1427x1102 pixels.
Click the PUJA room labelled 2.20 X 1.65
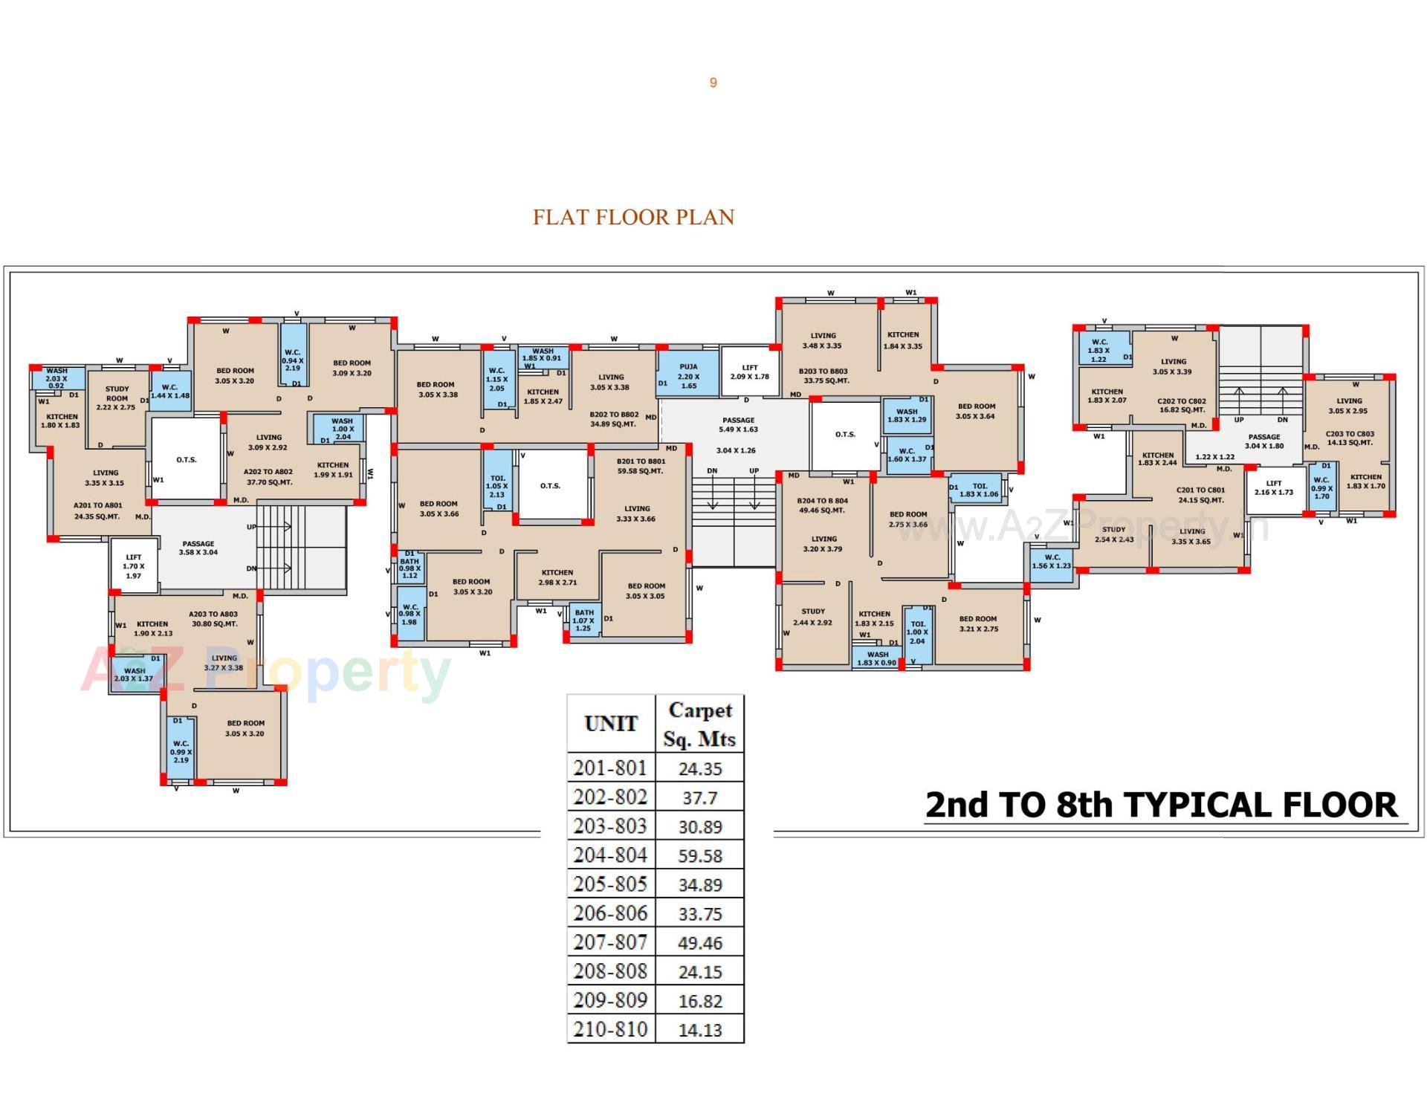coord(688,376)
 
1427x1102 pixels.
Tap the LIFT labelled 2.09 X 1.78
coord(749,372)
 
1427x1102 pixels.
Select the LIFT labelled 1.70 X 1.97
coord(134,566)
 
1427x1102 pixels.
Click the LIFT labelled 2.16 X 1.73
coord(1274,488)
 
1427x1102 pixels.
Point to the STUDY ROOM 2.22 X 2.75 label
coord(117,398)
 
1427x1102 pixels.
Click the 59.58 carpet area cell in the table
coord(700,856)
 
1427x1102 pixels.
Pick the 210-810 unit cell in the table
coord(611,1030)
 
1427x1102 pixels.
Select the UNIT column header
coord(611,724)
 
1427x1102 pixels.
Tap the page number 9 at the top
coord(713,82)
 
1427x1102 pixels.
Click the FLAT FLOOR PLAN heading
coord(633,217)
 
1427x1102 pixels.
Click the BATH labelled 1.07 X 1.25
coord(584,620)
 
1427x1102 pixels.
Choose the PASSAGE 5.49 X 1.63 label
coord(738,425)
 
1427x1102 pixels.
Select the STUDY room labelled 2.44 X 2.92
coord(813,618)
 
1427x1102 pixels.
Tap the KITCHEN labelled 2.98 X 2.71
coord(557,577)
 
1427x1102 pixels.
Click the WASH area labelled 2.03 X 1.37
coord(135,675)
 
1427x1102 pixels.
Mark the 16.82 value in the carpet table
coord(700,1002)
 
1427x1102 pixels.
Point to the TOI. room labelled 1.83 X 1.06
coord(979,490)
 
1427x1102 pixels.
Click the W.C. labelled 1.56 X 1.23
coord(1052,562)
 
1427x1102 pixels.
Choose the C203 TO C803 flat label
coord(1350,438)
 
